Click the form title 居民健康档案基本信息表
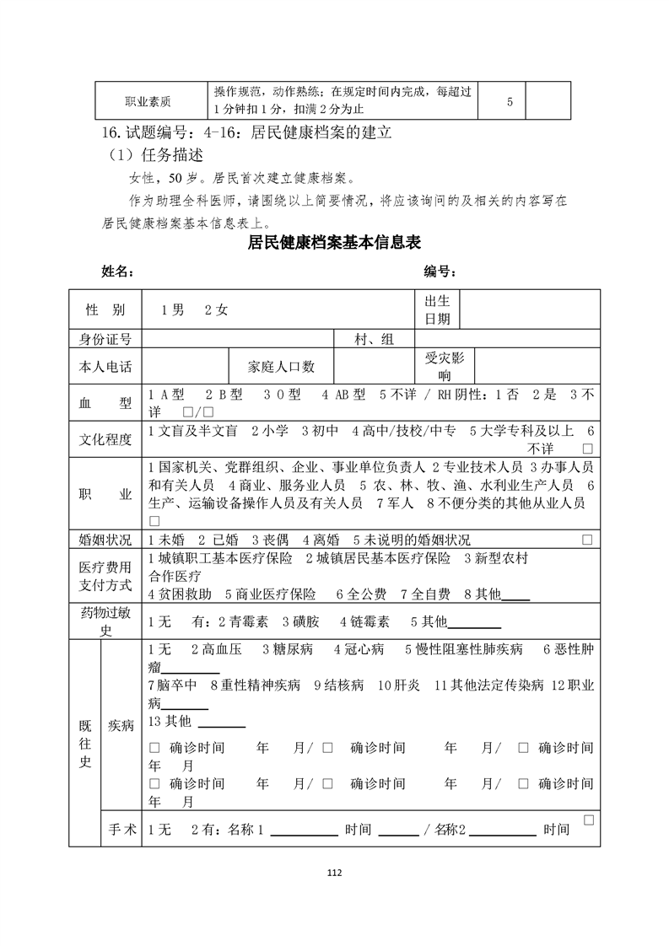coord(334,243)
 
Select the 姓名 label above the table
coord(117,271)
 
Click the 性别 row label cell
coord(105,309)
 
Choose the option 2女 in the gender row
coord(216,309)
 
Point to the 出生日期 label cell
coord(437,309)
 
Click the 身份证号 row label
coord(105,339)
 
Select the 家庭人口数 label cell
coord(281,367)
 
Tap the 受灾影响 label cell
coord(445,367)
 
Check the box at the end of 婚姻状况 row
coord(587,539)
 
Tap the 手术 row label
coord(121,829)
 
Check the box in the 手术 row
coord(588,820)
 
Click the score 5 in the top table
coord(510,102)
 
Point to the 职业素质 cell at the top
coord(148,102)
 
